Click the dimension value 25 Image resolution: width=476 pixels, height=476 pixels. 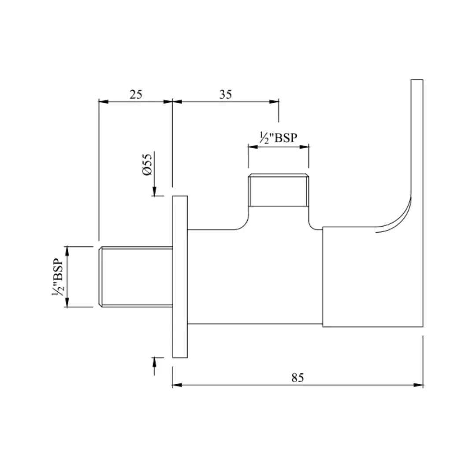(136, 94)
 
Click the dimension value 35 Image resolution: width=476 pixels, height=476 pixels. (225, 94)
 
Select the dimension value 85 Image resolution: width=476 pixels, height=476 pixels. (297, 378)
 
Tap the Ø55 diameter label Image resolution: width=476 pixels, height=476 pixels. (148, 164)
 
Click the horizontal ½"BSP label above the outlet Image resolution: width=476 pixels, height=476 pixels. (278, 138)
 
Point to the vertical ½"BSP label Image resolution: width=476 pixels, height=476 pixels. (57, 277)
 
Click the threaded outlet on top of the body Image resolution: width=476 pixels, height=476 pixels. (278, 190)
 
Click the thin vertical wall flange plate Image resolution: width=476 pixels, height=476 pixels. (180, 276)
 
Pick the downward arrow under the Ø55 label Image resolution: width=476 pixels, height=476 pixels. (155, 191)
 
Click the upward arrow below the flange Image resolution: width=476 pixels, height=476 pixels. (155, 362)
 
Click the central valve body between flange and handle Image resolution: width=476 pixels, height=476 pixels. (255, 277)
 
